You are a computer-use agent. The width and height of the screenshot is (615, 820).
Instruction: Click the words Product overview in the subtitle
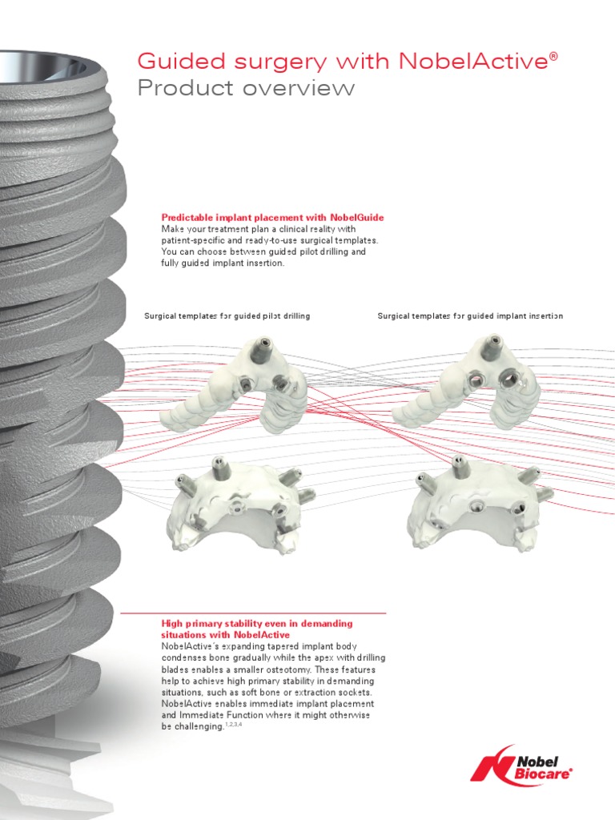tap(246, 88)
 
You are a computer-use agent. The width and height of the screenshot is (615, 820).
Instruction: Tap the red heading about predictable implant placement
tap(272, 217)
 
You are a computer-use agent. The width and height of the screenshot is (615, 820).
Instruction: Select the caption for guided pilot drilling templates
tap(227, 316)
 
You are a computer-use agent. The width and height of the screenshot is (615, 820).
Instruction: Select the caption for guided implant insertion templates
tap(470, 316)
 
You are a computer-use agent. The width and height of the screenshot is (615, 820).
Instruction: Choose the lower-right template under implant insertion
tap(477, 503)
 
